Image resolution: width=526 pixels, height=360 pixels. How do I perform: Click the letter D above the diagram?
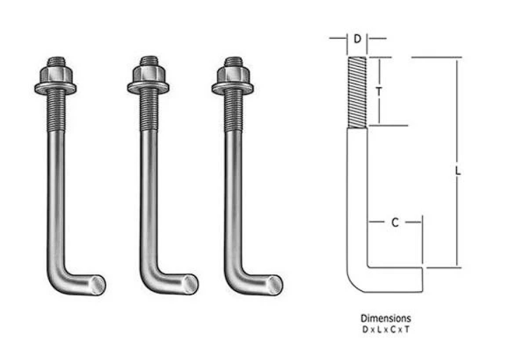[x=358, y=39]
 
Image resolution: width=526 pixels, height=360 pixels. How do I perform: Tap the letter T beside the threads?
[x=379, y=91]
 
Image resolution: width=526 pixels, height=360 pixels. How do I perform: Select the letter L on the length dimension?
[x=458, y=171]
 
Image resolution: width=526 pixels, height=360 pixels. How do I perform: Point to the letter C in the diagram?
[x=395, y=222]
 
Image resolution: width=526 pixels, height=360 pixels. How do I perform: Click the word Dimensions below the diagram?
[x=385, y=318]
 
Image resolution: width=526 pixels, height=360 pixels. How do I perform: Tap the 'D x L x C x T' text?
[x=385, y=330]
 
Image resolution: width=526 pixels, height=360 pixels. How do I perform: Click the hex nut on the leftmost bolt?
[x=56, y=73]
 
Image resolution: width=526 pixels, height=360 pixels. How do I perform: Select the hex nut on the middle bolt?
[x=148, y=73]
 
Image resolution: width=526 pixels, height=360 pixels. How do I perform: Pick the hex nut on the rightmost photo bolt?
[x=233, y=73]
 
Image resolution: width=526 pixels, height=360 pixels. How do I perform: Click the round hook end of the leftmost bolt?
[x=98, y=285]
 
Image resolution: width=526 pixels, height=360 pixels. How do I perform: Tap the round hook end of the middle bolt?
[x=191, y=285]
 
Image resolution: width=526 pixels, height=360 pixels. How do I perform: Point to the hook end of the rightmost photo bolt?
[x=275, y=285]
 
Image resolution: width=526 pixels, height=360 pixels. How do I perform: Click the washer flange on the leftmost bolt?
[x=56, y=88]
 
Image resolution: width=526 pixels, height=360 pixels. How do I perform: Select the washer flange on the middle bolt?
[x=148, y=88]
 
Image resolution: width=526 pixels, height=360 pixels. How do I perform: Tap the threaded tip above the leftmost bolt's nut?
[x=56, y=61]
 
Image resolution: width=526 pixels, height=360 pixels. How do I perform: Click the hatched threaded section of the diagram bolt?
[x=357, y=92]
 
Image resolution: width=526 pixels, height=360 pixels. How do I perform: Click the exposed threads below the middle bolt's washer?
[x=148, y=110]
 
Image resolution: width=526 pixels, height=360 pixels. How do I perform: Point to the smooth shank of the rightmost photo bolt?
[x=233, y=198]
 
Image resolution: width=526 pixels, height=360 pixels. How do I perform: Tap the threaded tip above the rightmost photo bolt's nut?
[x=233, y=61]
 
